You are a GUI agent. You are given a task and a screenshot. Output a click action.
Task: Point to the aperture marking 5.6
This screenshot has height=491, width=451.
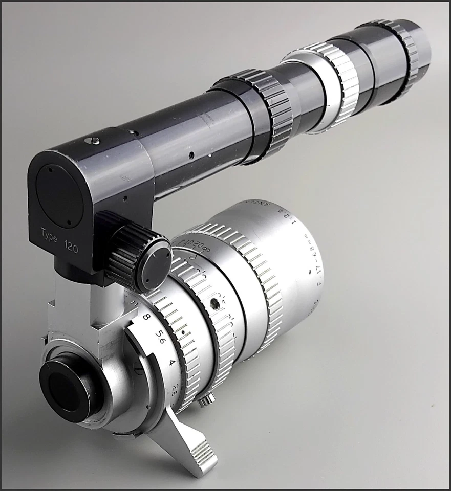point(160,338)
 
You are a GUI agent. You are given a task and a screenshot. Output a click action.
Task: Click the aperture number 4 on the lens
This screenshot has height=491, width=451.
point(173,363)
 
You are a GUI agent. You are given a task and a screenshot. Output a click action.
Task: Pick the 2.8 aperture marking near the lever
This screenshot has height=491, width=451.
point(177,386)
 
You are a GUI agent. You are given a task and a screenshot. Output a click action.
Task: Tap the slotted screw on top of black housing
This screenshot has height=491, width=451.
point(94,140)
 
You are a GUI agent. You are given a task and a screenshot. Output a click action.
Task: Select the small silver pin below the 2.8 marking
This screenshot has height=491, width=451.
point(203,402)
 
